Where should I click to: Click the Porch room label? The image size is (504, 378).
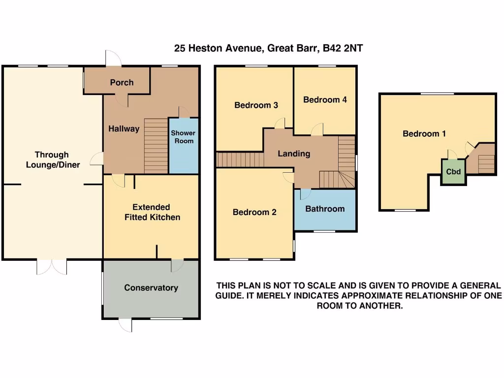coord(122,82)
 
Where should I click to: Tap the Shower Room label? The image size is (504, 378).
coord(183,137)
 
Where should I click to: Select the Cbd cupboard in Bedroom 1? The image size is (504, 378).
coord(453,172)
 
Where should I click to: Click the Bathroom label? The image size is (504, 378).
coord(325,209)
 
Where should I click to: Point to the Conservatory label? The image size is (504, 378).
coord(151,288)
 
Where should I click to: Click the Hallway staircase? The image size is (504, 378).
coord(156,146)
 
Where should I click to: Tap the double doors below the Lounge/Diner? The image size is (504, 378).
coord(52,267)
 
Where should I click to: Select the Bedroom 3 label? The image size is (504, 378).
coord(256,105)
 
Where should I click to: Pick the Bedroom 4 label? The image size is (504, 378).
coord(325,99)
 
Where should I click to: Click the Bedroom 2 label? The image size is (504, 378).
coord(254,212)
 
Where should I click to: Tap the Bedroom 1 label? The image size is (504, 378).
coord(424,133)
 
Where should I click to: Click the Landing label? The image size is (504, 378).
coord(294,154)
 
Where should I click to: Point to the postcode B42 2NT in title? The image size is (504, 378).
coord(342,48)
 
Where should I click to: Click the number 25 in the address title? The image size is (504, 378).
coord(180,48)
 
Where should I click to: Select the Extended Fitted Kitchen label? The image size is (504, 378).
coord(151,212)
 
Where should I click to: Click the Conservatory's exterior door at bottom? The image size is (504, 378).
coord(126,325)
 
